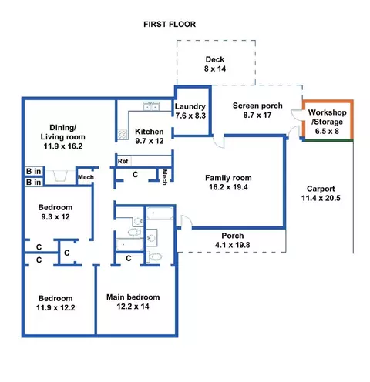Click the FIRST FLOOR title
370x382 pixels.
pyautogui.click(x=170, y=25)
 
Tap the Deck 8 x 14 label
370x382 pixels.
pyautogui.click(x=215, y=64)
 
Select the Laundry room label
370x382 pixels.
pyautogui.click(x=190, y=111)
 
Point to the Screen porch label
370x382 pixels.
pyautogui.click(x=257, y=110)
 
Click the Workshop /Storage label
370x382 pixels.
pyautogui.click(x=327, y=122)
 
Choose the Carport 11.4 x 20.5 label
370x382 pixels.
pyautogui.click(x=321, y=193)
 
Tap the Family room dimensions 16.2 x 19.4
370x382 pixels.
pyautogui.click(x=228, y=187)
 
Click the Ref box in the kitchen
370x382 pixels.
pyautogui.click(x=123, y=161)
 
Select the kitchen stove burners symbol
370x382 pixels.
pyautogui.click(x=122, y=134)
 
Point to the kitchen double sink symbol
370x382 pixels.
pyautogui.click(x=151, y=106)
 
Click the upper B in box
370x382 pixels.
pyautogui.click(x=34, y=171)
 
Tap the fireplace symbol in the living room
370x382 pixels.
pyautogui.click(x=60, y=176)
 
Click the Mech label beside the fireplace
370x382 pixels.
pyautogui.click(x=86, y=177)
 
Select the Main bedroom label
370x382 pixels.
pyautogui.click(x=133, y=302)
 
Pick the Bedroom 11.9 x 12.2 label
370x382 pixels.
pyautogui.click(x=55, y=303)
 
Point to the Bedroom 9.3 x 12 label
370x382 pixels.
pyautogui.click(x=55, y=212)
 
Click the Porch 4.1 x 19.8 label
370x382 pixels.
pyautogui.click(x=233, y=240)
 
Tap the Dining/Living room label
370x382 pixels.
pyautogui.click(x=63, y=137)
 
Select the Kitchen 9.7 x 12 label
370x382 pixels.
pyautogui.click(x=150, y=136)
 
